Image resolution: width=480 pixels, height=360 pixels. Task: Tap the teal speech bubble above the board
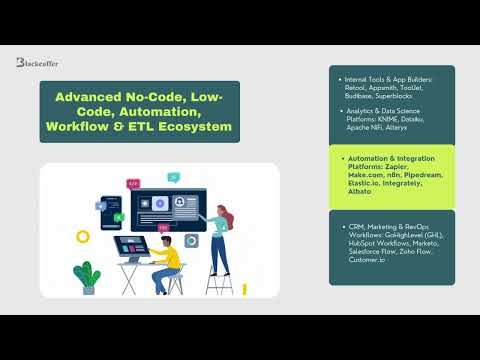173,177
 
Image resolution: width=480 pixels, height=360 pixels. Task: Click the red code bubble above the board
134,184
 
